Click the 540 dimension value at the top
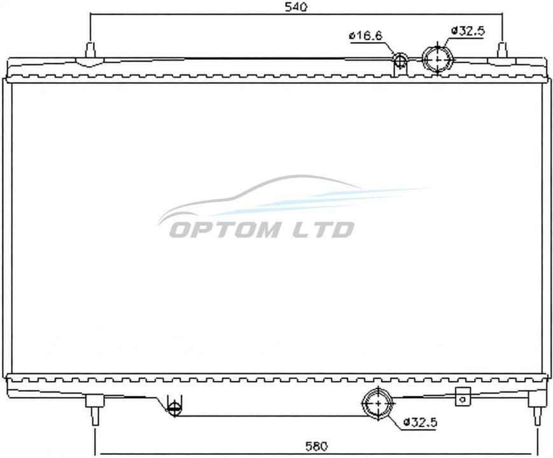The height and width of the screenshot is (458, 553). (296, 7)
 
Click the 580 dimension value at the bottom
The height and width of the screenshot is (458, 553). (316, 447)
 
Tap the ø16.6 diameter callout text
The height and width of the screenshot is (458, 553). (366, 36)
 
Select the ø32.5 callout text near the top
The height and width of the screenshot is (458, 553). (468, 31)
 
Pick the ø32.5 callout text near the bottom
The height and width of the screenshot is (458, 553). (421, 422)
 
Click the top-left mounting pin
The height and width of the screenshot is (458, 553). (90, 50)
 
